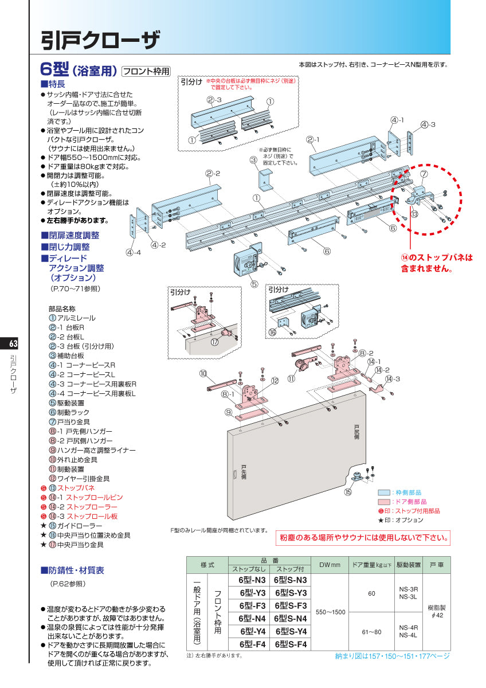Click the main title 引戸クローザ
click(100, 40)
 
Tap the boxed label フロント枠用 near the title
click(147, 72)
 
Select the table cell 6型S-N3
click(291, 580)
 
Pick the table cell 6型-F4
click(252, 644)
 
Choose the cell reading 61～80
click(371, 631)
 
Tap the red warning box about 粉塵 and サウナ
click(363, 538)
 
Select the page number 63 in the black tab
click(14, 344)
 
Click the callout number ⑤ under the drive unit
click(254, 283)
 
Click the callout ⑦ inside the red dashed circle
click(424, 174)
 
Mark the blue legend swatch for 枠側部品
click(383, 492)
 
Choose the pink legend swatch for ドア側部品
click(383, 501)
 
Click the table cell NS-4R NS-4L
click(408, 631)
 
